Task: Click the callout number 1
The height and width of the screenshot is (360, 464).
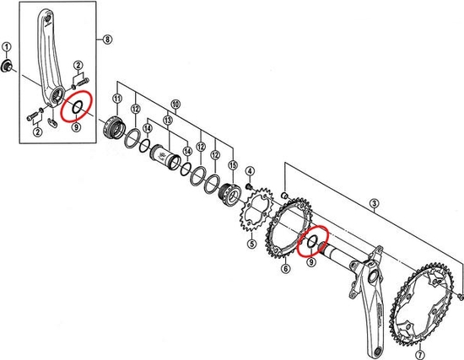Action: click(x=7, y=46)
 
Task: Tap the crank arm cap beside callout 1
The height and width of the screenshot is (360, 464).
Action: click(x=8, y=66)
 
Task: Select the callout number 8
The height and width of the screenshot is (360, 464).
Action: click(x=107, y=40)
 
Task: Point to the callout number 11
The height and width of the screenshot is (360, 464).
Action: click(x=116, y=100)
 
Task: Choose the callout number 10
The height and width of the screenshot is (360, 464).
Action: click(x=175, y=104)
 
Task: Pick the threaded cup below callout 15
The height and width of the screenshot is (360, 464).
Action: click(x=229, y=196)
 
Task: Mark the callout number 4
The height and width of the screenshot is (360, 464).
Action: click(x=250, y=171)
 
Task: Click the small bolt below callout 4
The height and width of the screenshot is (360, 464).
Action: click(x=250, y=184)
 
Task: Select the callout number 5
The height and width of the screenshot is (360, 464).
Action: click(x=251, y=245)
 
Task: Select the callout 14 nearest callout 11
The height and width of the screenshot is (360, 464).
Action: click(x=147, y=128)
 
